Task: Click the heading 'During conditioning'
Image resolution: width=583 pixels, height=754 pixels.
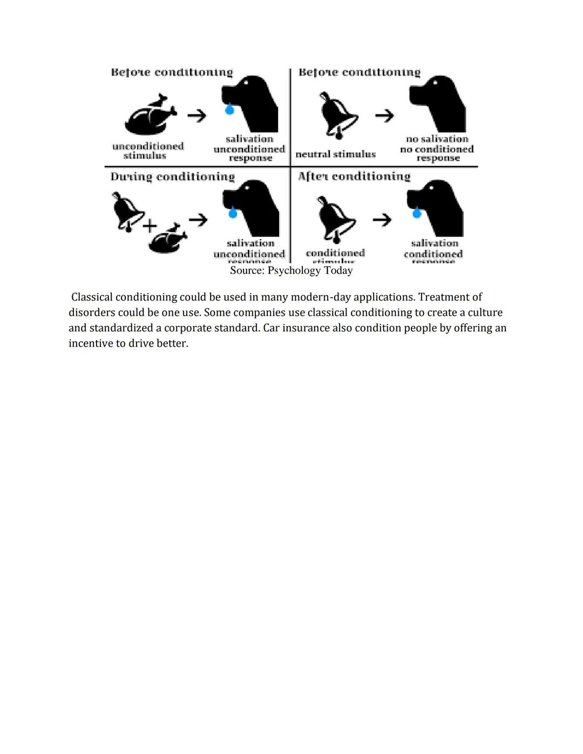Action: tap(173, 177)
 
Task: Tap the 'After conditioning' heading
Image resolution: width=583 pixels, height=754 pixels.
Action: tap(354, 176)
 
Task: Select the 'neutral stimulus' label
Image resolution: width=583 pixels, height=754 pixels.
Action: tap(335, 154)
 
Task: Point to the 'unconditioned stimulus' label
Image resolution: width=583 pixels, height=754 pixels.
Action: tap(147, 151)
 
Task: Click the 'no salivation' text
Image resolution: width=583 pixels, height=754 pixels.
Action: tap(437, 139)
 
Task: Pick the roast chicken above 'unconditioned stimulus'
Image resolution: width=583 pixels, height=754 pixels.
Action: tap(150, 115)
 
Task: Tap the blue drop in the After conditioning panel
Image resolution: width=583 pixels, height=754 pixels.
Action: tap(416, 213)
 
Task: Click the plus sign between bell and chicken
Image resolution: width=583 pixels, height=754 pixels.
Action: tap(150, 226)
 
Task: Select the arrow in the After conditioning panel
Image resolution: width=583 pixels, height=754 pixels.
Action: tap(382, 219)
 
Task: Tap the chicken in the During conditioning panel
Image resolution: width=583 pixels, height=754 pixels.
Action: tap(167, 239)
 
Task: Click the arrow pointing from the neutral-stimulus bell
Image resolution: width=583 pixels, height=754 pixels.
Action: tap(384, 116)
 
